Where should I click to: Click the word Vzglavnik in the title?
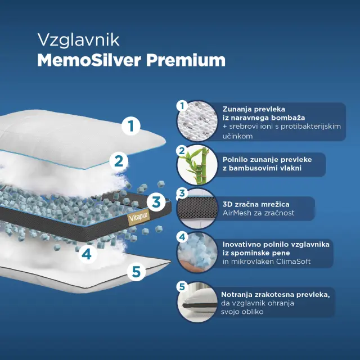(x=78, y=40)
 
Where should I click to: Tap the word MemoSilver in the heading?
(x=89, y=60)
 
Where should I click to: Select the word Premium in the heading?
(x=186, y=60)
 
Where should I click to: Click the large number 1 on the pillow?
(x=131, y=125)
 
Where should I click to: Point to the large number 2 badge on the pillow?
(x=119, y=161)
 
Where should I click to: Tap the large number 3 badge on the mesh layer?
(x=156, y=202)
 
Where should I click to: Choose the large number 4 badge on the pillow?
(x=87, y=254)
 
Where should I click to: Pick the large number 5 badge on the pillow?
(x=136, y=272)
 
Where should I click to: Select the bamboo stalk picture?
(x=197, y=165)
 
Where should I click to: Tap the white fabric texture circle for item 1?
(x=197, y=121)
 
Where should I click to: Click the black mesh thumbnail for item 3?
(x=197, y=209)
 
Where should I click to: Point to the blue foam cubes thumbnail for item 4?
(x=197, y=253)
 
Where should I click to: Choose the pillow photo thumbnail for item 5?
(x=197, y=302)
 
